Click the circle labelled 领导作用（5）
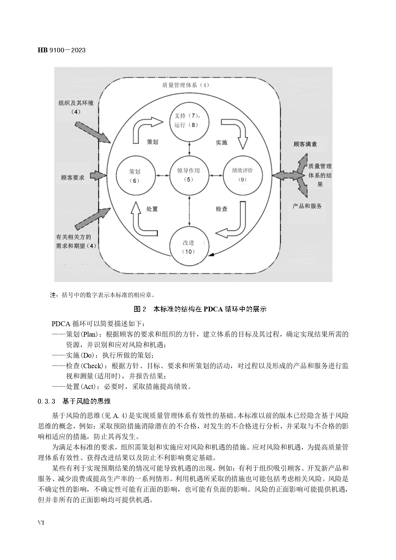point(189,175)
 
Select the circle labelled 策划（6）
point(134,175)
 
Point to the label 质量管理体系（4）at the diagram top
point(185,85)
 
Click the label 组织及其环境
point(76,103)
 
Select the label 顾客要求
point(73,177)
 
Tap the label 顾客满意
point(305,144)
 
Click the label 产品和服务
point(307,206)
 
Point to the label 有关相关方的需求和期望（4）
point(76,241)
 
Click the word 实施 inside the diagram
point(221,142)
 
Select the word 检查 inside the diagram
point(221,209)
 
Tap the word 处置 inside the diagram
point(152,209)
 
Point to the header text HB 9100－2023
point(62,50)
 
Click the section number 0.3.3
point(47,401)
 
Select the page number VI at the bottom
point(41,523)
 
